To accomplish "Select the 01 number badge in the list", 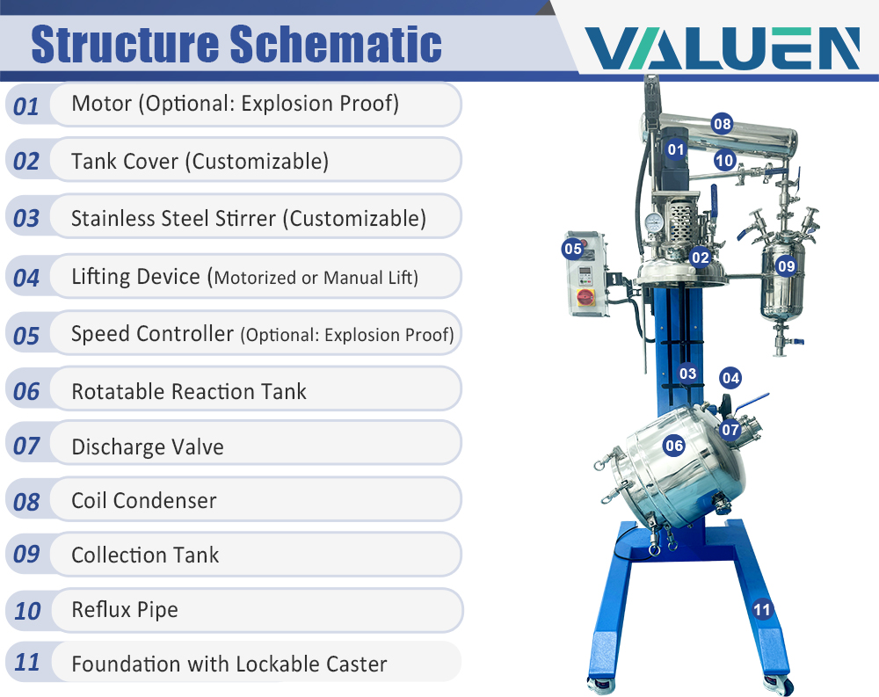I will point(26,106).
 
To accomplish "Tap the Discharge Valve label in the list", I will point(147,447).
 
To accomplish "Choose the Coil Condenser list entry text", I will point(143,501).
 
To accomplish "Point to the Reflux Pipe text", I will point(124,609).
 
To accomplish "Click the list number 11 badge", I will point(27,662).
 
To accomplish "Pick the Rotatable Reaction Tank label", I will point(188,391).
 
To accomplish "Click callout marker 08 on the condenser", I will point(722,124).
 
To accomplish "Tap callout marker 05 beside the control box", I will point(573,249).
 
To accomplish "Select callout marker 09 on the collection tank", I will point(786,265).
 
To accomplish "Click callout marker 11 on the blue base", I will point(761,608).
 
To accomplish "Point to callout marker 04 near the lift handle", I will point(730,378).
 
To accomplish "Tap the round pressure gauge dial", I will point(653,223).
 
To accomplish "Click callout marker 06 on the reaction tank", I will point(674,446).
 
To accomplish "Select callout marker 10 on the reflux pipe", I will point(724,160).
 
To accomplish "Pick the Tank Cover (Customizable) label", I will point(200,161).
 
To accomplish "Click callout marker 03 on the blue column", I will point(687,374).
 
